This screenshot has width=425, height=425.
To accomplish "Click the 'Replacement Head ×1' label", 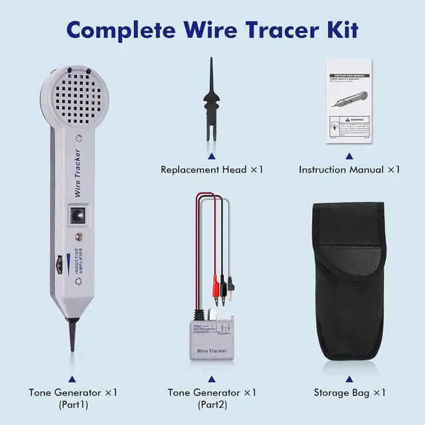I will point(212,169).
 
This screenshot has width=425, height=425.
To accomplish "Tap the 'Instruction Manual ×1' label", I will point(349,169).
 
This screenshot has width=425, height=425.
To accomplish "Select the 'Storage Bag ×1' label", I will point(350,392).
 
